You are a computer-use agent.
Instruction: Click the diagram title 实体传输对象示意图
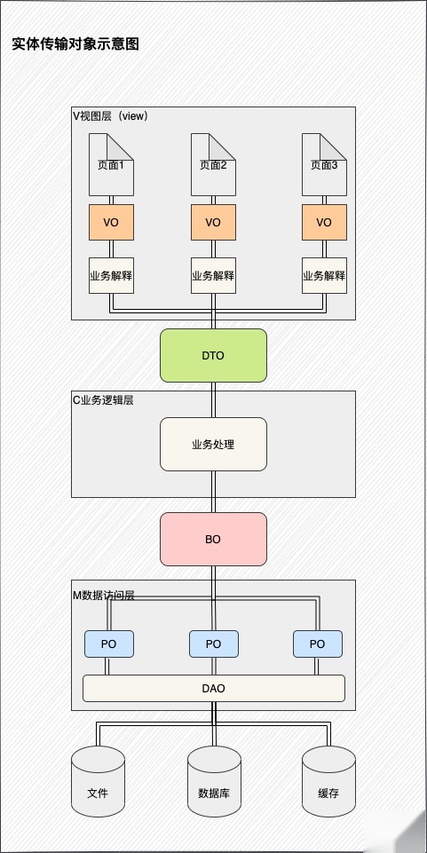75,43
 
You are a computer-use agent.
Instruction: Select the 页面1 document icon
111,164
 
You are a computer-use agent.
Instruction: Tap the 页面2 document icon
213,164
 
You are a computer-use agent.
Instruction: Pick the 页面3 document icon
324,164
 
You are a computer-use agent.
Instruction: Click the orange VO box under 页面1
111,222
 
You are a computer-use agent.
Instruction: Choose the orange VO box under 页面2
213,222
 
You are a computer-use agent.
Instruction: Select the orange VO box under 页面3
324,222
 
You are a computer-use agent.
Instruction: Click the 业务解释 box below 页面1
111,275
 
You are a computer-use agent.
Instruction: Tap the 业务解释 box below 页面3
324,275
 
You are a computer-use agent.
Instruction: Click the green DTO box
213,355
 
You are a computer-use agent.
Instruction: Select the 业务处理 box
213,444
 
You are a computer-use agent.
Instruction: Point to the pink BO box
213,539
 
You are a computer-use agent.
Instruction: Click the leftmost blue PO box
109,644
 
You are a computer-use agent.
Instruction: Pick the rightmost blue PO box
317,644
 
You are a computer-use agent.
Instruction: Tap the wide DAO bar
213,688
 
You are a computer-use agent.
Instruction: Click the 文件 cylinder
98,781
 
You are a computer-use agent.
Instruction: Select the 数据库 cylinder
213,781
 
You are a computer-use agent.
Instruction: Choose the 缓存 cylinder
328,781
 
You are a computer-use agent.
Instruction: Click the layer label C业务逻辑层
103,399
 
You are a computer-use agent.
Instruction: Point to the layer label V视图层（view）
110,115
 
